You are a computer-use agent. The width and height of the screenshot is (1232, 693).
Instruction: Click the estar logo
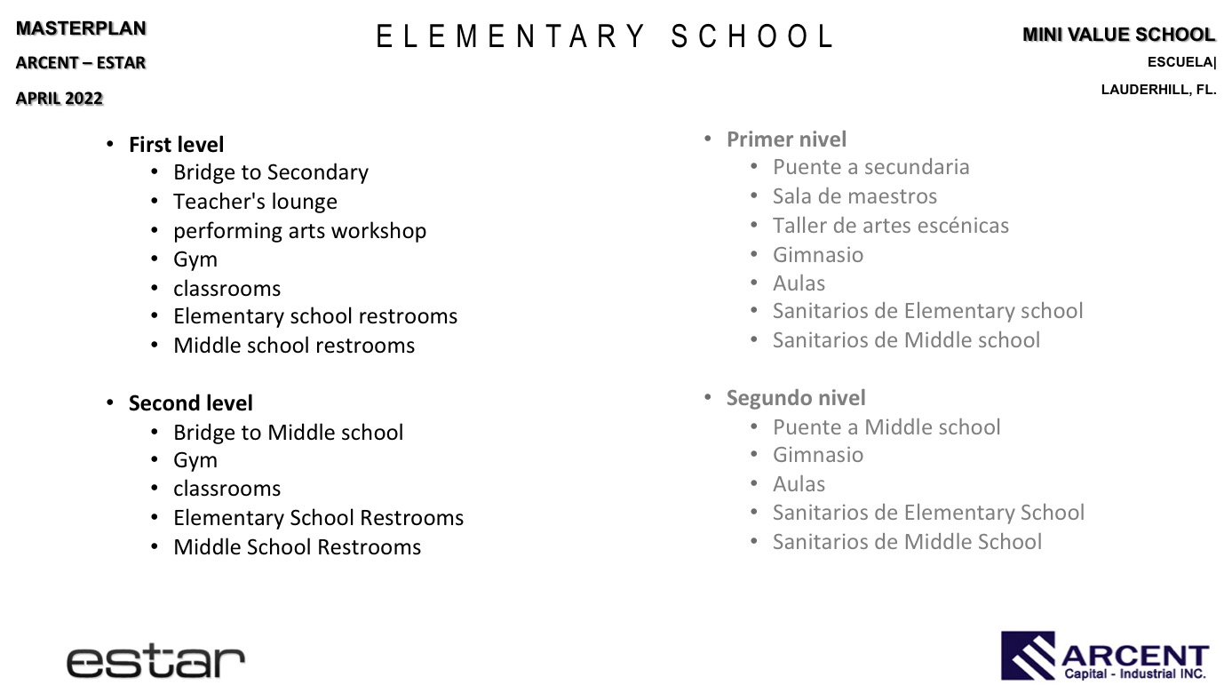[x=155, y=661]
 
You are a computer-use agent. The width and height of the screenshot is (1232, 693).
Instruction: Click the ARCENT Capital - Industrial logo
[x=1105, y=656]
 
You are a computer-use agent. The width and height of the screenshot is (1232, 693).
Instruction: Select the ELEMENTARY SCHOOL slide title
[x=605, y=37]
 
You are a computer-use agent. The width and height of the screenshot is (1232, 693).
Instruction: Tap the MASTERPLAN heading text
[x=81, y=28]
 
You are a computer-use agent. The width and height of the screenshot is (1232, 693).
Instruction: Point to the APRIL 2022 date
[x=60, y=99]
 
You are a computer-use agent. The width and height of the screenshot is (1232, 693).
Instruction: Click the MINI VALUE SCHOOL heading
[x=1118, y=35]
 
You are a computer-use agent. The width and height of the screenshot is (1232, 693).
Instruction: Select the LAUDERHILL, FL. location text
[x=1158, y=90]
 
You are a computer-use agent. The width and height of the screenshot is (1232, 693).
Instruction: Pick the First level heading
[x=176, y=145]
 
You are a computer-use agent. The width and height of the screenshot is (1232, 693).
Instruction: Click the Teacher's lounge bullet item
[x=255, y=202]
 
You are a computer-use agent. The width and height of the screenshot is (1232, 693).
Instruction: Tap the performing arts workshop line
[x=299, y=231]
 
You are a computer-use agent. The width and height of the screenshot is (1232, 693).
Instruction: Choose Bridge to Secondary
[x=270, y=172]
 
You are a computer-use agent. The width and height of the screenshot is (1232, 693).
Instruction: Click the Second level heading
[x=190, y=403]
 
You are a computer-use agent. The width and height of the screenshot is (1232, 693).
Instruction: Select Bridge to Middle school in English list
[x=288, y=433]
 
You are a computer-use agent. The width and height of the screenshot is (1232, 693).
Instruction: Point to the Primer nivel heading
[x=786, y=139]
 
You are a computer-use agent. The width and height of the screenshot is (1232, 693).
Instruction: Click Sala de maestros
[x=854, y=196]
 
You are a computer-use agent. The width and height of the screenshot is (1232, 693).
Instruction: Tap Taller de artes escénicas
[x=890, y=226]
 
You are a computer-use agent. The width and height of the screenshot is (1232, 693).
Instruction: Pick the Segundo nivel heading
[x=796, y=398]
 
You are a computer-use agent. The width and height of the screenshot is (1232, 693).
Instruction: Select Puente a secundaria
[x=870, y=167]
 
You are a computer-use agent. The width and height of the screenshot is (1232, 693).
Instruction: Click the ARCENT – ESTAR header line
[x=81, y=63]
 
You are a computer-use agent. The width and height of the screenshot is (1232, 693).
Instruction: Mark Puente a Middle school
[x=886, y=427]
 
